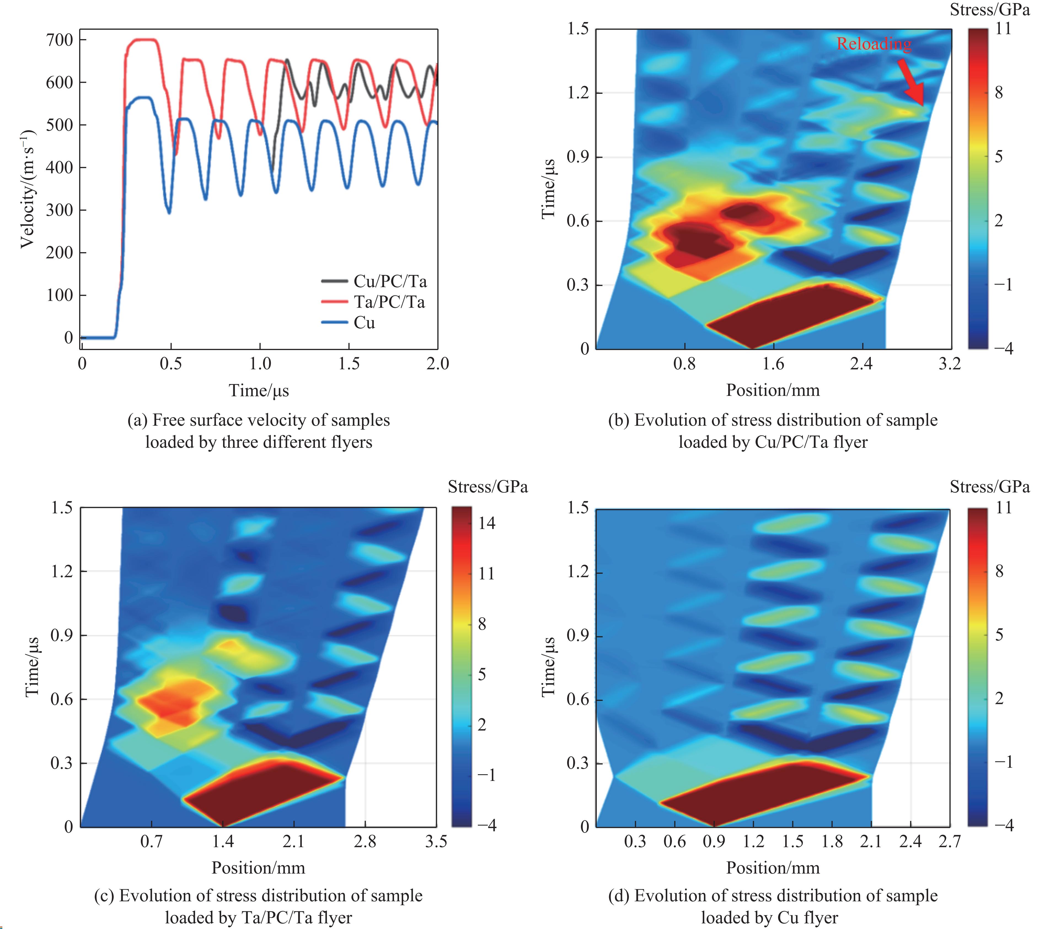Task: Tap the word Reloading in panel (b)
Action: pos(874,44)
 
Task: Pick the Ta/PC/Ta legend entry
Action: pos(389,302)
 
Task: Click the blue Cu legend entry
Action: pos(364,323)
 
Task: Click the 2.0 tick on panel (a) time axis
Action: pos(437,364)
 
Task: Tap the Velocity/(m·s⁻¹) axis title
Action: pos(28,189)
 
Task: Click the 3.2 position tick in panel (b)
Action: pos(950,364)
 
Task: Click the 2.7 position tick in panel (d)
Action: pos(949,841)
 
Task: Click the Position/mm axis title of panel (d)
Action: pos(773,868)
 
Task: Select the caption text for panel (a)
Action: pos(259,431)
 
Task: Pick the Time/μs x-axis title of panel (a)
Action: pos(259,391)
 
